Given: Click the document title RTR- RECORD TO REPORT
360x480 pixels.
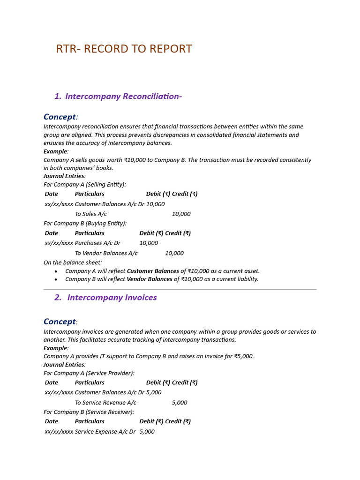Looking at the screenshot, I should (x=124, y=49).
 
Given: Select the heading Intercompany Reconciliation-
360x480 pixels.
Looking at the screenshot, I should (x=123, y=97).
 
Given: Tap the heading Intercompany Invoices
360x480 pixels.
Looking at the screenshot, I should (x=112, y=298).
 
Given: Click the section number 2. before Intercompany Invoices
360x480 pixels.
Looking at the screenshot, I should (x=58, y=298).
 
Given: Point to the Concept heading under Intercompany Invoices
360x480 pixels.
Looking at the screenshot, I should (x=60, y=322).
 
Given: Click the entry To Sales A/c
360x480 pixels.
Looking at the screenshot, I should (x=90, y=214).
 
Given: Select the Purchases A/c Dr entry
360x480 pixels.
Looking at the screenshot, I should (x=97, y=243).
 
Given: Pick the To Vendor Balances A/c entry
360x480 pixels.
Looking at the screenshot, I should (x=106, y=253).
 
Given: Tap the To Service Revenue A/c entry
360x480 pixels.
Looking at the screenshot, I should (x=105, y=403).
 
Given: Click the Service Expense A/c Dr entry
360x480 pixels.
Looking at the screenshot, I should (x=105, y=432).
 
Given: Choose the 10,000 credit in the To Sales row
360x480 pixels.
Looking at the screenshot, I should (x=181, y=214).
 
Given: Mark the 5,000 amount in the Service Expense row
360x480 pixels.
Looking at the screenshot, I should (x=147, y=432).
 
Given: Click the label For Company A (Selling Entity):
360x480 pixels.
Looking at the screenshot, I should (x=85, y=185).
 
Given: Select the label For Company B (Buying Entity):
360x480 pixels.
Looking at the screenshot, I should (x=85, y=224).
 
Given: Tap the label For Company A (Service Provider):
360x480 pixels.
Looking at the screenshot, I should (x=89, y=373).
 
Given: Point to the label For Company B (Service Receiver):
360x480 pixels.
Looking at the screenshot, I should (x=89, y=412).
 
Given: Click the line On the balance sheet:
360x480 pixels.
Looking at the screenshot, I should (x=73, y=262).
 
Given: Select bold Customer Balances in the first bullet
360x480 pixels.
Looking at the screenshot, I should (x=153, y=271).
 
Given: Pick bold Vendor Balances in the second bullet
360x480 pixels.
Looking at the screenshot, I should (x=150, y=279).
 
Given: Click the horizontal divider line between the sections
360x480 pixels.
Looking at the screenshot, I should (x=180, y=289).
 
